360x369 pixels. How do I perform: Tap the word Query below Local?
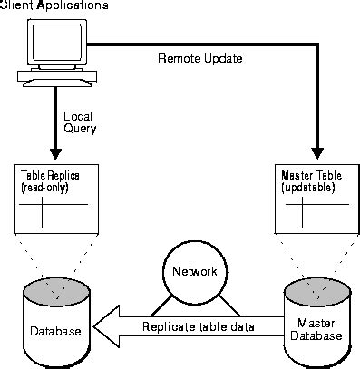click(x=80, y=129)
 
